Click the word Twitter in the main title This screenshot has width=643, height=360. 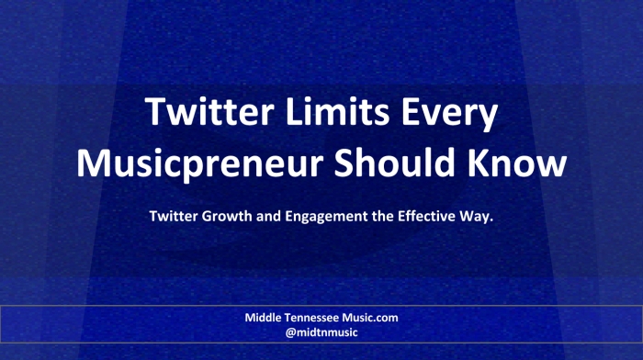tap(209, 111)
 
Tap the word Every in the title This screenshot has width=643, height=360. tap(450, 115)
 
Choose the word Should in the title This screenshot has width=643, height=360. tap(394, 163)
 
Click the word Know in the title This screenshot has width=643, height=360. tap(517, 163)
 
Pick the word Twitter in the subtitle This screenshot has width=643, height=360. tap(174, 216)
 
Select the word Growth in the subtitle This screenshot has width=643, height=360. tap(227, 216)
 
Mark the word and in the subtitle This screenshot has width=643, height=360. tap(268, 216)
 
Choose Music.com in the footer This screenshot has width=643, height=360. tap(370, 318)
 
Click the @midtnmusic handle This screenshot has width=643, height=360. tap(321, 332)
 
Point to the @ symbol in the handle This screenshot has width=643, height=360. tap(291, 333)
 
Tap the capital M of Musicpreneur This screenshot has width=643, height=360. tap(94, 163)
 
